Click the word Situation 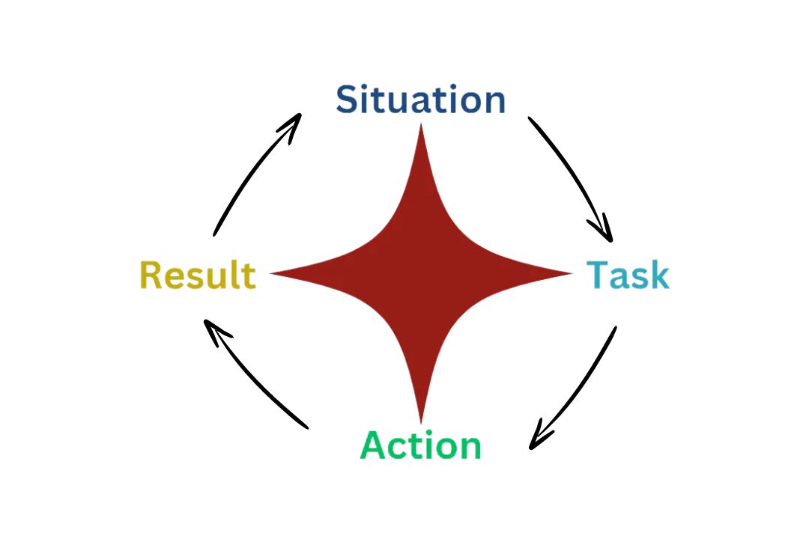pos(420,100)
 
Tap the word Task pos(627,275)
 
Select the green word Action pos(420,445)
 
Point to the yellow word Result pos(198,275)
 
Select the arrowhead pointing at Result pos(212,329)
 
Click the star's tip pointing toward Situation pos(421,129)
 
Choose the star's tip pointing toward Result pos(276,273)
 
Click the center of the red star pos(421,273)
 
